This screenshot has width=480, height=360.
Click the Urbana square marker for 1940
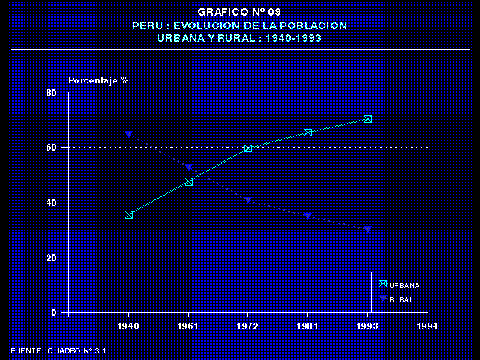[x=128, y=214]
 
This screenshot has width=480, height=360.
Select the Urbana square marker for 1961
[x=188, y=181]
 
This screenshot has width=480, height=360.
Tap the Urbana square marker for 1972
[x=247, y=148]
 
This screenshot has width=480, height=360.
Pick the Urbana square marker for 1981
[x=307, y=133]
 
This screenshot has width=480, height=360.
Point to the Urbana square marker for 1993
[x=367, y=119]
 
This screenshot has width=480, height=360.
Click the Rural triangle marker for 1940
[x=128, y=135]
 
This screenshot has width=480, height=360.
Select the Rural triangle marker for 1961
[x=188, y=168]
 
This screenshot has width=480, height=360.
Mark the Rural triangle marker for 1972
[x=247, y=201]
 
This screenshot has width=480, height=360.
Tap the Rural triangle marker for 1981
[x=307, y=216]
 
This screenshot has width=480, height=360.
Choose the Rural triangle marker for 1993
[x=367, y=229]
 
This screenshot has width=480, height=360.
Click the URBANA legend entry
[x=399, y=285]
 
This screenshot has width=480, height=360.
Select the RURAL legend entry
[x=397, y=299]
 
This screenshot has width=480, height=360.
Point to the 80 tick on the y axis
[x=52, y=92]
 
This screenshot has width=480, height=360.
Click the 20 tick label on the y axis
[x=52, y=257]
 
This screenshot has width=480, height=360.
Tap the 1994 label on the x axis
[x=427, y=326]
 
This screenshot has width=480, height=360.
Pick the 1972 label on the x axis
[x=247, y=326]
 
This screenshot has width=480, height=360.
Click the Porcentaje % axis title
[x=98, y=79]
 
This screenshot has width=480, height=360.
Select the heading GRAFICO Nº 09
[x=239, y=12]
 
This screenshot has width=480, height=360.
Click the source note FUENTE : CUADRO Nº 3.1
[x=58, y=350]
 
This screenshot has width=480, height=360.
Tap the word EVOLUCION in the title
[x=208, y=25]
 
